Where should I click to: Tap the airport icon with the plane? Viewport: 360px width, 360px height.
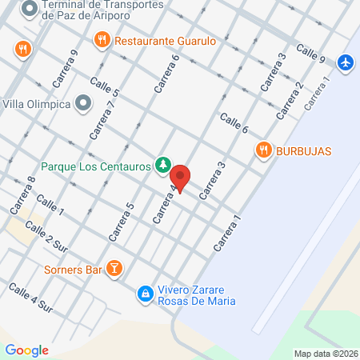pyautogui.click(x=345, y=62)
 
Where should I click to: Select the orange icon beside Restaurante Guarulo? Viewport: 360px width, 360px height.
pyautogui.click(x=102, y=39)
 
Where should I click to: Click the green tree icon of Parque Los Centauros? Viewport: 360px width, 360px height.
pyautogui.click(x=163, y=165)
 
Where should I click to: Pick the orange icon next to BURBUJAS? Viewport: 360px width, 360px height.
pyautogui.click(x=262, y=150)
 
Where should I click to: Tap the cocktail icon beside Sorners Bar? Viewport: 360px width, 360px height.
pyautogui.click(x=114, y=269)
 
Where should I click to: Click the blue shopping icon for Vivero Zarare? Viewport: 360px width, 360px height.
pyautogui.click(x=145, y=294)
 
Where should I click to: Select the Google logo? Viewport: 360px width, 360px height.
pyautogui.click(x=26, y=350)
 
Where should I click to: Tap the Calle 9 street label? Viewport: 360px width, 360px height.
pyautogui.click(x=310, y=54)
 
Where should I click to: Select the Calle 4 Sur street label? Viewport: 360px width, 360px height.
pyautogui.click(x=30, y=297)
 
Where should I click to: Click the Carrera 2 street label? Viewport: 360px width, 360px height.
pyautogui.click(x=290, y=101)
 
